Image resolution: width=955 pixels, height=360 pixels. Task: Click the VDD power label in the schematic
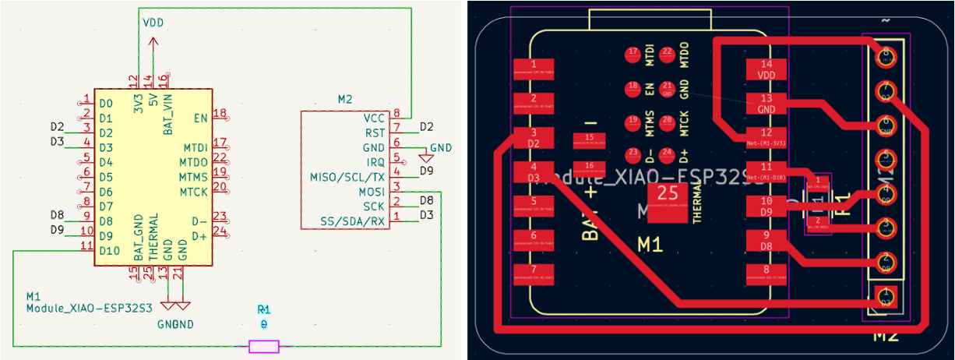click(153, 23)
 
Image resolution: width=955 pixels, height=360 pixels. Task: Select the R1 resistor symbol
click(263, 346)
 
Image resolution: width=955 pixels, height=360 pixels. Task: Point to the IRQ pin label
click(375, 162)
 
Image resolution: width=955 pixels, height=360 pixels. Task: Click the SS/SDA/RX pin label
click(353, 221)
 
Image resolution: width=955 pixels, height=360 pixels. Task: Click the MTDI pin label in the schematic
click(195, 147)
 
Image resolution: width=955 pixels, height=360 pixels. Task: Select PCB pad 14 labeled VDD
click(766, 69)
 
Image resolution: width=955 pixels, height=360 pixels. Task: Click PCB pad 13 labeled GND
click(766, 104)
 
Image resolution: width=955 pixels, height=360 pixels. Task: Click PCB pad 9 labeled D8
click(766, 240)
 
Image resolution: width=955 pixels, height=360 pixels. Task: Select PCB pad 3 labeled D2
click(533, 138)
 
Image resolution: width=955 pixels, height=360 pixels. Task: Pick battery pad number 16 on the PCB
click(589, 166)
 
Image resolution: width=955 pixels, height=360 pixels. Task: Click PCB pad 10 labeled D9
click(766, 206)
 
